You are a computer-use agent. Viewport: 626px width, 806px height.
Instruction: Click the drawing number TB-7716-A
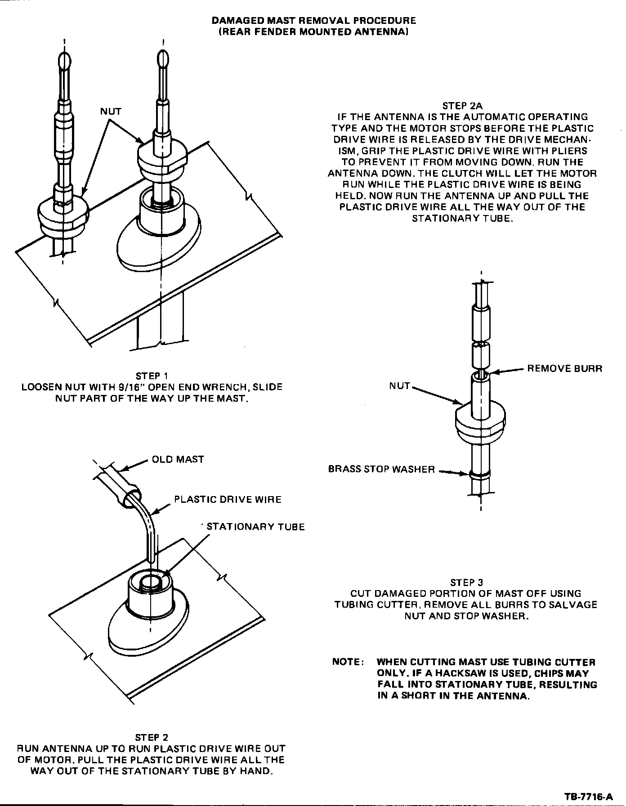pos(588,797)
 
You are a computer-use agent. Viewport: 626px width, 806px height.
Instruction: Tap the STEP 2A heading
pos(462,106)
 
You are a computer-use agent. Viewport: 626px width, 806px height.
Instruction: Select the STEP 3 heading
pos(466,582)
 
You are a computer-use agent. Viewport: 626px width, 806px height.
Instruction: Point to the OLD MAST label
pos(178,459)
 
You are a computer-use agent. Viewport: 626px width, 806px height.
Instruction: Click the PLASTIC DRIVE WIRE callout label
pos(228,499)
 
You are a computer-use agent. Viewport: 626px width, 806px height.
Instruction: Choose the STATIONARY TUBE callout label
pos(255,527)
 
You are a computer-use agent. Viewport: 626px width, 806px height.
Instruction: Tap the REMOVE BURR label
pos(564,369)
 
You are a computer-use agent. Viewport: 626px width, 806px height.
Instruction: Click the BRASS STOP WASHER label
pos(381,470)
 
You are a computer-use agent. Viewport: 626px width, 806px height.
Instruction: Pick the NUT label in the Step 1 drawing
pos(111,111)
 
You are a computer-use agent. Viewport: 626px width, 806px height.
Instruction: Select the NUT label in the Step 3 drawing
pos(400,385)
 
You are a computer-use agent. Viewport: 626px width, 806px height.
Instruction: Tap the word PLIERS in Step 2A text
pos(567,151)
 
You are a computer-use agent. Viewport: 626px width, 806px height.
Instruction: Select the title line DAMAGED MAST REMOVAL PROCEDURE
pos(313,21)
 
